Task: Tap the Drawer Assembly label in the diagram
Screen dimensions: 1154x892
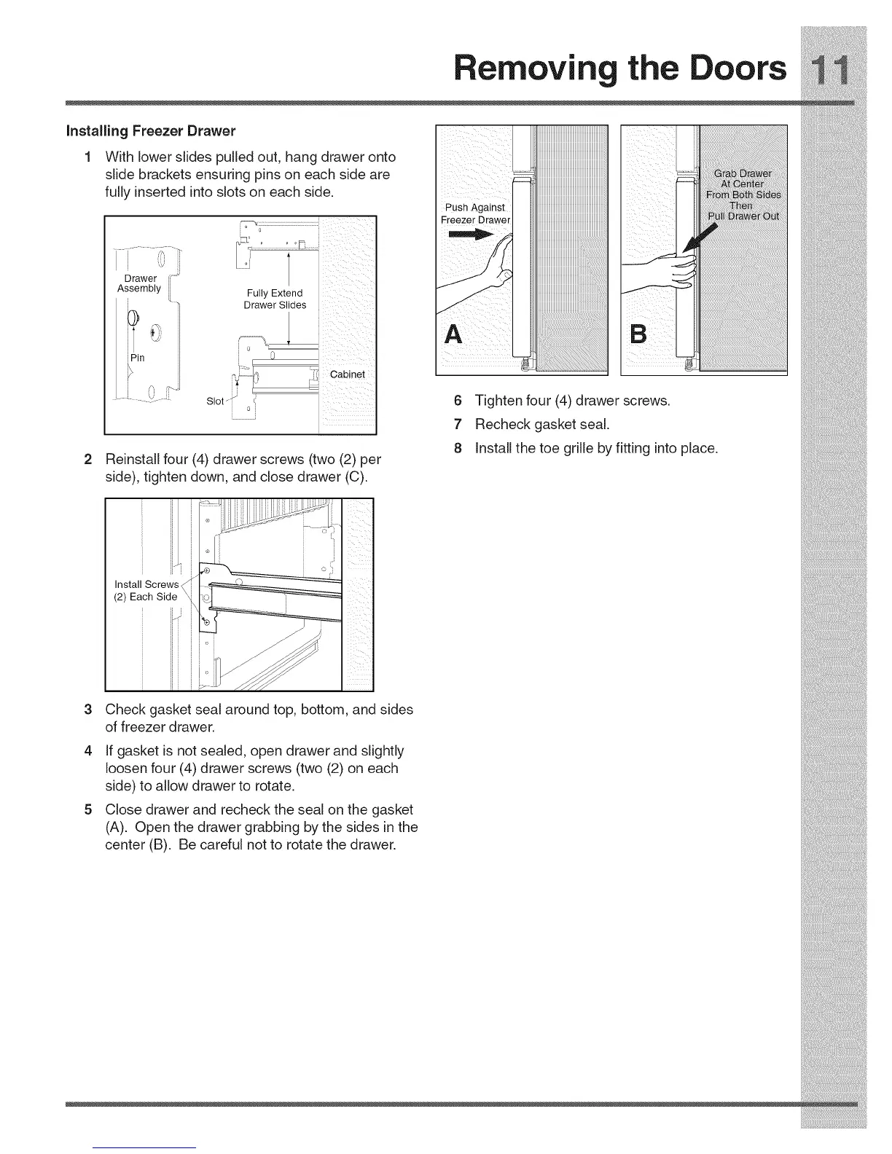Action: (140, 283)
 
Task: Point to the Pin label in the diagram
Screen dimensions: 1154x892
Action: (138, 358)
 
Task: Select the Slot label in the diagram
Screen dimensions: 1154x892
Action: (215, 401)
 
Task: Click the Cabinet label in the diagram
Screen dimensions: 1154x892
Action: (347, 374)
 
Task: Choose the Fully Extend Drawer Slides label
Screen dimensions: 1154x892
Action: (275, 299)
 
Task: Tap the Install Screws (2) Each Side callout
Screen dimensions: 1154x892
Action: (146, 590)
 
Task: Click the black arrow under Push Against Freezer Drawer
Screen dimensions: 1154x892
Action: (472, 235)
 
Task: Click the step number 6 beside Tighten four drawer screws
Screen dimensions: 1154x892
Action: (458, 401)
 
